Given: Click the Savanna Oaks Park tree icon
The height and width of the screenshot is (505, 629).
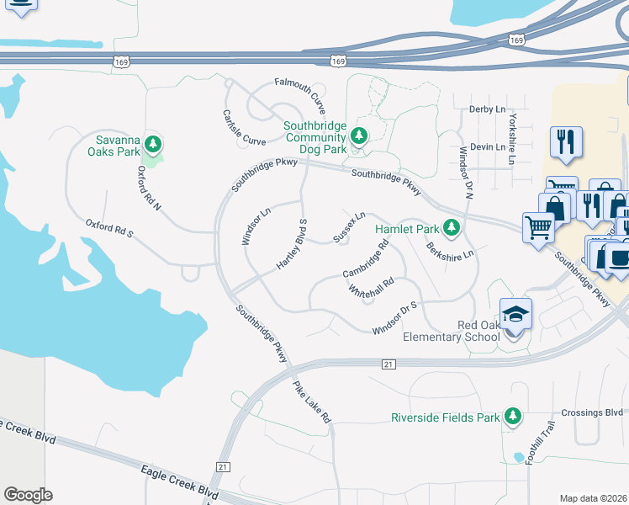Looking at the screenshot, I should point(152,141).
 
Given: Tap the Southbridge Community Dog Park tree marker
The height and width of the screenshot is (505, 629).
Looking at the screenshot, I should point(359,136).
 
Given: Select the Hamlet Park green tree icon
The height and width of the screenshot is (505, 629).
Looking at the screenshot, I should point(452,227).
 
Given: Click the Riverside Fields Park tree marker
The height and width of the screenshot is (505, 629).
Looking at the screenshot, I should point(511,416).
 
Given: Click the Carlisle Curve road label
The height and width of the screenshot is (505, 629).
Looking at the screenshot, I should point(244,129).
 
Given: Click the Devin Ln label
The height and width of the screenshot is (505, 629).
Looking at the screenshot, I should point(488,146).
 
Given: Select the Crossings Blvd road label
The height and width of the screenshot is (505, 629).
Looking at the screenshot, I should point(595,412).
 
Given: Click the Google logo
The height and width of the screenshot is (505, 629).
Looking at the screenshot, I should point(29,495).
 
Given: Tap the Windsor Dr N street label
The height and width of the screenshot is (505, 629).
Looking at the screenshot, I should point(467,168).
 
